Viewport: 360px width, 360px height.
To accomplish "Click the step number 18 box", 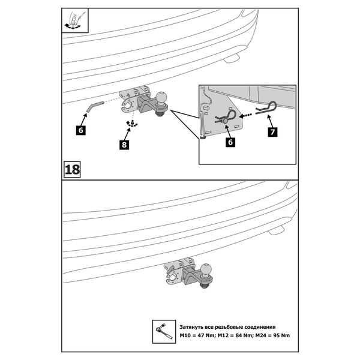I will pyautogui.click(x=71, y=169).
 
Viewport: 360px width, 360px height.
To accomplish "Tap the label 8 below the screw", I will pyautogui.click(x=123, y=145).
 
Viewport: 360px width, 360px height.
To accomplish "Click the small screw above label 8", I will pyautogui.click(x=130, y=124).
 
